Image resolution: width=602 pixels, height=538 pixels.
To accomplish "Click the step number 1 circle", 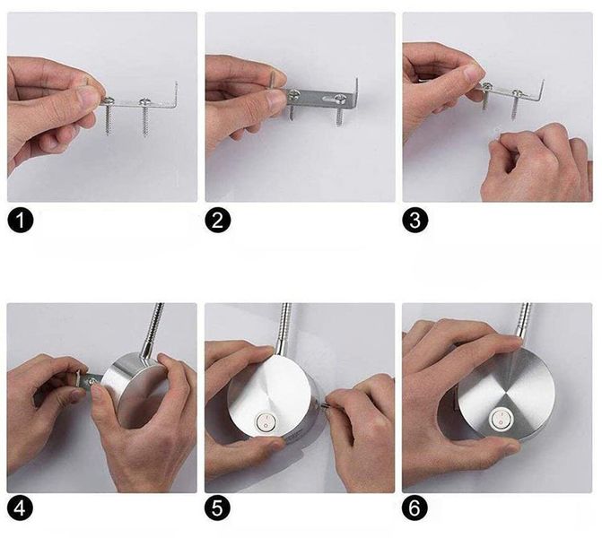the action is [x=21, y=221].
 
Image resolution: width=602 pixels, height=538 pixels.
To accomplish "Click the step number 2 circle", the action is [x=218, y=221].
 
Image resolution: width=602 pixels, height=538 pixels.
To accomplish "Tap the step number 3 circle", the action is [x=415, y=221].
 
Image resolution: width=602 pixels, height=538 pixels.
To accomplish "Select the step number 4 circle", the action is [x=21, y=509].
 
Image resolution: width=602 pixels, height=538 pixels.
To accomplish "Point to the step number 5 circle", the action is [x=218, y=509].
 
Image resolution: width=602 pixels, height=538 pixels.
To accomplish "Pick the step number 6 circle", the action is [x=415, y=509].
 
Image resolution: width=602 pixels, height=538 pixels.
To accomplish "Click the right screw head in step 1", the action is [x=145, y=101].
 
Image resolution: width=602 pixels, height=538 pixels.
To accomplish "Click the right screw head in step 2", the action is [x=339, y=98].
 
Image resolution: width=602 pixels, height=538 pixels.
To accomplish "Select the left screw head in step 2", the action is [x=294, y=93].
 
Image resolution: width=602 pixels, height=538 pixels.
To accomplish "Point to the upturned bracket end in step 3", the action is [x=541, y=89].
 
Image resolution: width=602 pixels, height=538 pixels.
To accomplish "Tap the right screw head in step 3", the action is [x=517, y=92].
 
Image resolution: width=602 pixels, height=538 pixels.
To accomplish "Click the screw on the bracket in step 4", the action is [x=92, y=381].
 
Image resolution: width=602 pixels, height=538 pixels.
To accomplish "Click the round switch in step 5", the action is [x=265, y=421].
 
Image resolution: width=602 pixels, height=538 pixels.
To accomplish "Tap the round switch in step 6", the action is [x=501, y=419].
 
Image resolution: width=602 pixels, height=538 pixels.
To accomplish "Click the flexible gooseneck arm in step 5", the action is [x=284, y=328].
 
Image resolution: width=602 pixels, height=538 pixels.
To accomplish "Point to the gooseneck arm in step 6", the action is [x=525, y=321].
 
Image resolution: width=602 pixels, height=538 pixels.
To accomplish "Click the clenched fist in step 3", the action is [x=536, y=163].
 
